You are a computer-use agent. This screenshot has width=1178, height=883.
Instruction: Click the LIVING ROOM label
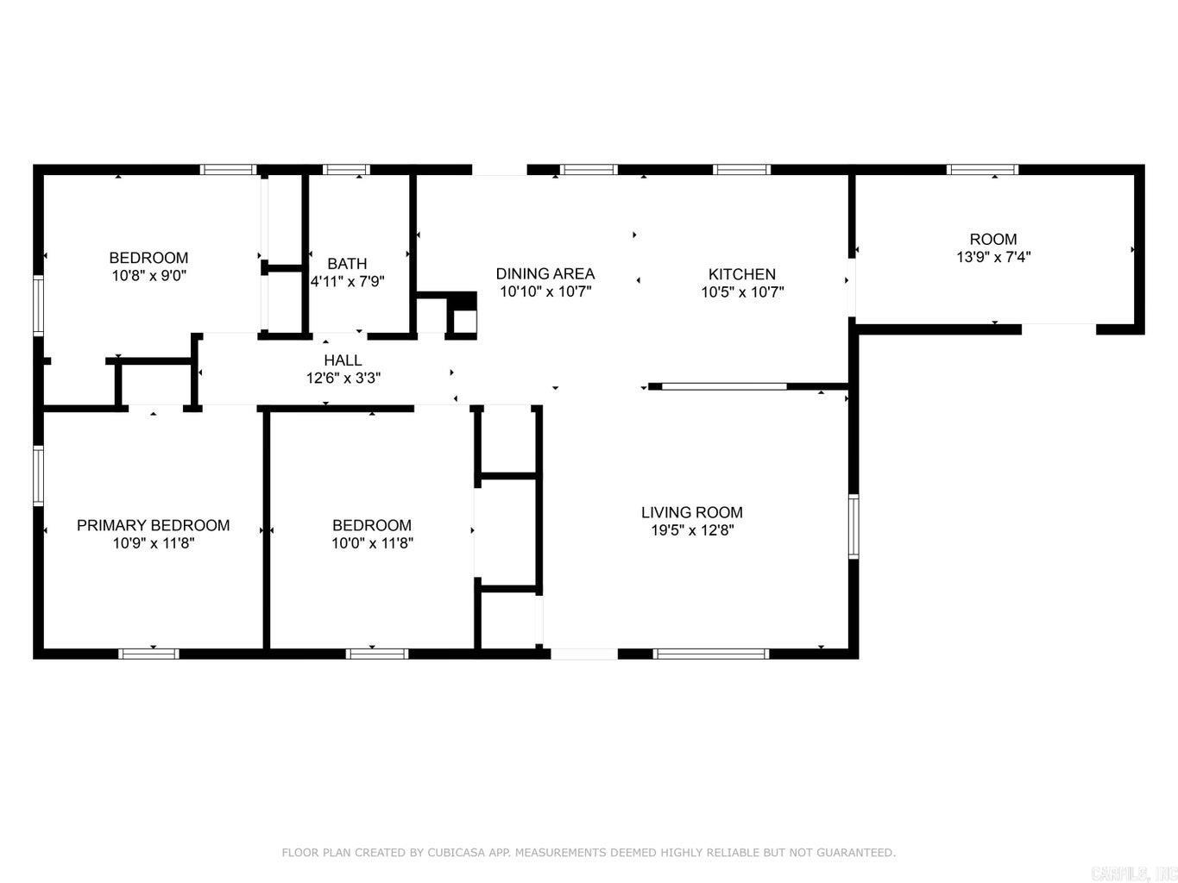pos(691,512)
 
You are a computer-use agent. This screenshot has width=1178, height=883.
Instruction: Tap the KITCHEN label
pos(741,274)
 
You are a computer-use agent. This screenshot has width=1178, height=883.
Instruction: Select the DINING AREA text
pos(545,273)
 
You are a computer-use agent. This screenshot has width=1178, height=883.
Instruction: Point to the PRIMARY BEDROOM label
pos(153,525)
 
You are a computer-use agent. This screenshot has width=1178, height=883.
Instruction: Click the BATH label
pos(347,263)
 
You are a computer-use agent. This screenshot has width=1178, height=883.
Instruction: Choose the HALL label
pos(343,360)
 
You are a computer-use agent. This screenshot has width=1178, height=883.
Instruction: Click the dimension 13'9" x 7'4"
pos(993,257)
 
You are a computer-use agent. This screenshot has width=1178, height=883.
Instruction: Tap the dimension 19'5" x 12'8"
pos(691,530)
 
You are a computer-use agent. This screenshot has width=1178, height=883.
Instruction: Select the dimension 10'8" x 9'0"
pos(148,276)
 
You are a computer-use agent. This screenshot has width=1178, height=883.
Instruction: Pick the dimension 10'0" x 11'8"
pos(372,543)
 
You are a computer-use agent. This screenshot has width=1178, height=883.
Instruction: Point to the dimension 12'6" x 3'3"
pos(343,378)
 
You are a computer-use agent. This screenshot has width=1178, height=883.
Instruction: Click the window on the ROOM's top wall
pos(982,170)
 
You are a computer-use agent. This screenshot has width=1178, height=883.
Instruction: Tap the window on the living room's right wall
pos(854,526)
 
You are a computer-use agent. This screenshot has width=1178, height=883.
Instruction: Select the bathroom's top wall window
pos(346,170)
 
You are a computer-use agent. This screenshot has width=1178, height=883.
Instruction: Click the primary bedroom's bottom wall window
pos(148,654)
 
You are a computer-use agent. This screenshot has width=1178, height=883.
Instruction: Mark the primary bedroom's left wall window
pos(38,474)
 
